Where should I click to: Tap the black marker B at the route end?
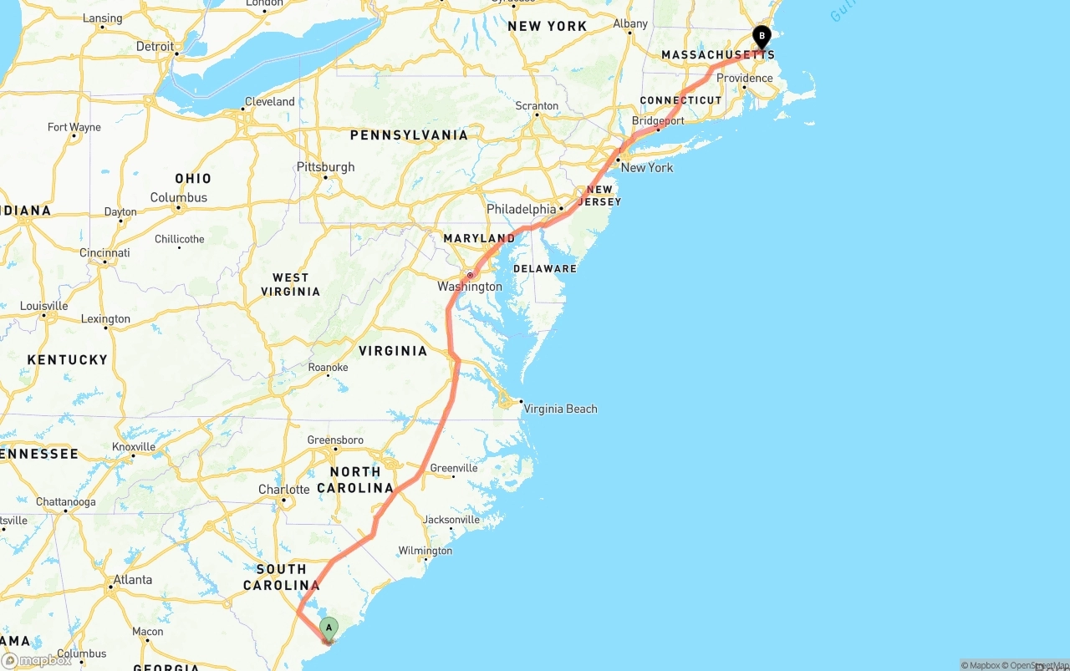pos(762,37)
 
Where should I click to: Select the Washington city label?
pos(470,287)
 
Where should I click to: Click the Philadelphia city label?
pos(522,209)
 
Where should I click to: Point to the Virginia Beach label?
pos(560,409)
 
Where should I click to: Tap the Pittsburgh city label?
pos(325,167)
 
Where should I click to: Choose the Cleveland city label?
pos(269,102)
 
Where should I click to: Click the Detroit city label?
pos(155,47)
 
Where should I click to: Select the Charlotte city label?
pos(283,490)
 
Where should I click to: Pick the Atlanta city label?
pos(132,580)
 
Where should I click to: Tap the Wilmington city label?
pos(425,551)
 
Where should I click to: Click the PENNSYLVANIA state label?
pos(409,135)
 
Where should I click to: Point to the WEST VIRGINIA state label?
pos(290,285)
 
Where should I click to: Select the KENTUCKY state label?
pos(68,360)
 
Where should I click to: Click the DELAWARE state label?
pos(545,269)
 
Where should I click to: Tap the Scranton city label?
pos(537,106)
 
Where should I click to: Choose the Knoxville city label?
pos(134,447)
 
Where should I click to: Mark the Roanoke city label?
pos(328,368)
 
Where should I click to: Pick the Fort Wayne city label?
pos(74,128)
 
